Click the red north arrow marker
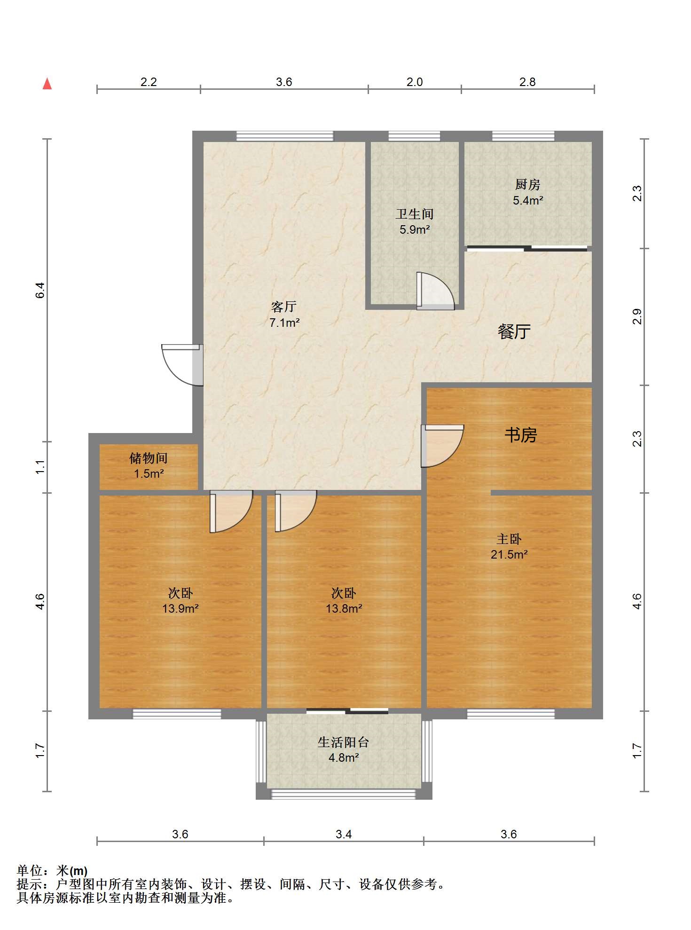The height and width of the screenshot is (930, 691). (x=47, y=84)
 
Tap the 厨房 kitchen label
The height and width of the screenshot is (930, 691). (x=527, y=184)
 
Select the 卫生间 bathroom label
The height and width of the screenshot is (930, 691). (x=414, y=214)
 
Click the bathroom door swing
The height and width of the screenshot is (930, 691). (x=435, y=291)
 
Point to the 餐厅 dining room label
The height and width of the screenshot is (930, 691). (x=514, y=332)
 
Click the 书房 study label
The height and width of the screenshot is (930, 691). (x=520, y=435)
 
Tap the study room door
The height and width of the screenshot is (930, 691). (x=442, y=446)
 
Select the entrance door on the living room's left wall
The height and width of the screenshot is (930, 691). (x=182, y=365)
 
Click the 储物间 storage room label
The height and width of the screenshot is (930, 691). (x=149, y=458)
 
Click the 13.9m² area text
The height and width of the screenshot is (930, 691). (x=180, y=608)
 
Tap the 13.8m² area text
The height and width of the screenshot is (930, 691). (x=344, y=608)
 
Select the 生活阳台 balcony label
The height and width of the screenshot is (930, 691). (x=343, y=742)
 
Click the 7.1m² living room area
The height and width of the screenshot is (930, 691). (x=284, y=323)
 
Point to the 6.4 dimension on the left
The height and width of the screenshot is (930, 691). (x=40, y=290)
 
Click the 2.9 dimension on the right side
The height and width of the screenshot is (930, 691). (x=636, y=316)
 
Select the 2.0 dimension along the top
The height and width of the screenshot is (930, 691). (x=415, y=82)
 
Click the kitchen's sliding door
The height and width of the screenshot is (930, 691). (x=527, y=248)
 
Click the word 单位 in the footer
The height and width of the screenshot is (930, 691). (x=29, y=871)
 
